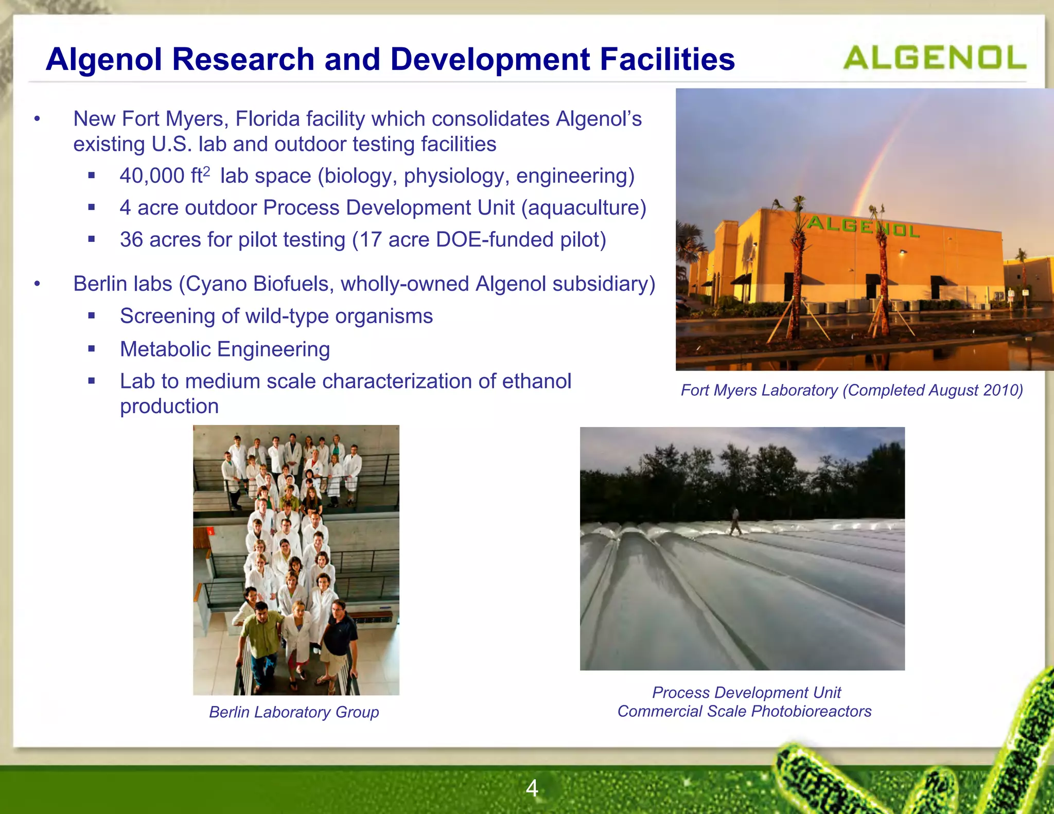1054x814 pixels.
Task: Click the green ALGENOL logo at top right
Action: pos(934,58)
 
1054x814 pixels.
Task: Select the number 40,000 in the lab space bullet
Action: pos(152,176)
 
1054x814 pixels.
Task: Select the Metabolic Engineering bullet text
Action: pos(224,349)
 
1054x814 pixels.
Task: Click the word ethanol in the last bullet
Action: pos(536,381)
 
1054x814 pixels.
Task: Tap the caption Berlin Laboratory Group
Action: pos(294,712)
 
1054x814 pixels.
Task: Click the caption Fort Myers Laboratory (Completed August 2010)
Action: pos(851,390)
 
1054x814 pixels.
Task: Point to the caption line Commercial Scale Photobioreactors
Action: pos(744,711)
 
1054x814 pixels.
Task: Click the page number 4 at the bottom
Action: pos(532,788)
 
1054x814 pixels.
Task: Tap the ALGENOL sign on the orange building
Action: pos(863,226)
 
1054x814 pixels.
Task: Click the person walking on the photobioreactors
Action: pos(735,521)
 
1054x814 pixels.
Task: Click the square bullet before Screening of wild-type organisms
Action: pos(92,316)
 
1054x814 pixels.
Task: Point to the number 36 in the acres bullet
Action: pos(131,240)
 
